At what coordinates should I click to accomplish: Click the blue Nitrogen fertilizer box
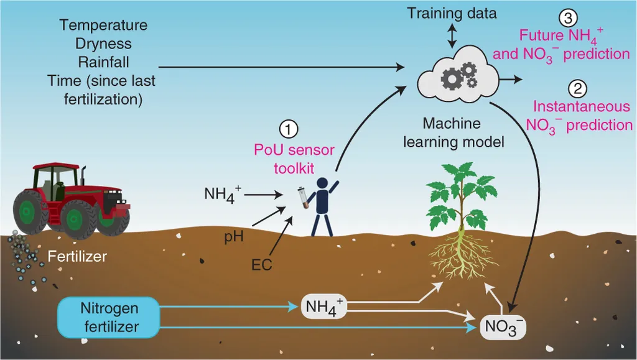[x=109, y=316]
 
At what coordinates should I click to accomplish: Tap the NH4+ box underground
[x=323, y=307]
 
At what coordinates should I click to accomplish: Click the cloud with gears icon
[x=459, y=77]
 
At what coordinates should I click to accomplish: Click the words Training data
[x=452, y=12]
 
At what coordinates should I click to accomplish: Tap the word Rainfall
[x=103, y=62]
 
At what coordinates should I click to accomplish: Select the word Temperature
[x=104, y=25]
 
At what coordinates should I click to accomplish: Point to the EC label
[x=261, y=265]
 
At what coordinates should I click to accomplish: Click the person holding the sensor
[x=323, y=205]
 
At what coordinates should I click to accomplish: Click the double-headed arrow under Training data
[x=452, y=36]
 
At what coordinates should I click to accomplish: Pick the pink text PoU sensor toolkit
[x=294, y=158]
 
